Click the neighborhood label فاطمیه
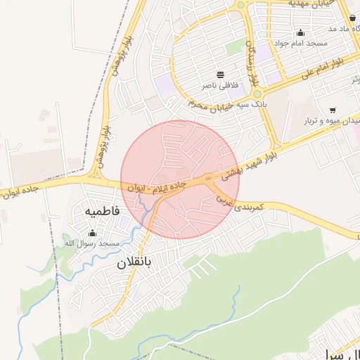point(103,210)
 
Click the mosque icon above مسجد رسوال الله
point(92,233)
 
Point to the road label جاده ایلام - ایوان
point(160,186)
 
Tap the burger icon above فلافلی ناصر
point(221,75)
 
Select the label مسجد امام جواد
point(302,44)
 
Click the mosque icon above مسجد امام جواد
point(301,32)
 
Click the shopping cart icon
point(332,110)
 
